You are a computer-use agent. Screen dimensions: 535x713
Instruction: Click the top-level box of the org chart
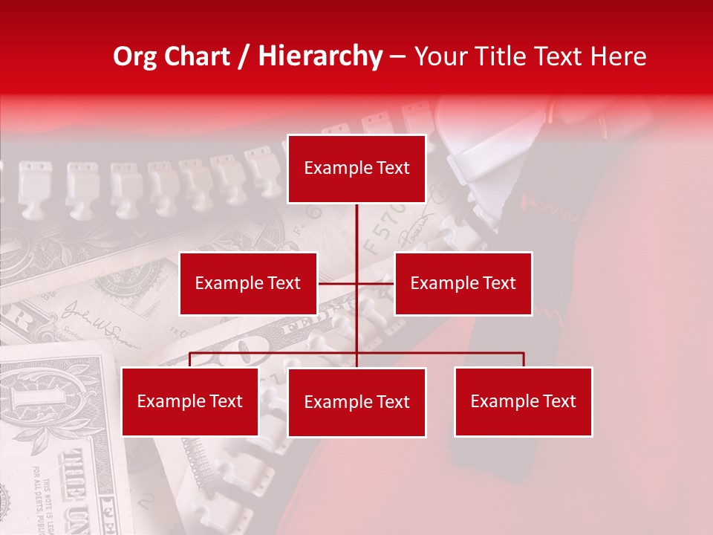[356, 169]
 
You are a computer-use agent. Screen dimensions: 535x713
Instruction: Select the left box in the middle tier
[248, 283]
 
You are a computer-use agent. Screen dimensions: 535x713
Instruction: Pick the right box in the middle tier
[463, 283]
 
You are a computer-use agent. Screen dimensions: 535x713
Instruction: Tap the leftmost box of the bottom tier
[190, 401]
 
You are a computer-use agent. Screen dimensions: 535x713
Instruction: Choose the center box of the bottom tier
[356, 402]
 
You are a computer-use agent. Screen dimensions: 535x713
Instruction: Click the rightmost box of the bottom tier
[523, 401]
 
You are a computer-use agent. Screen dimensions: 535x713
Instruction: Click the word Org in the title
[135, 56]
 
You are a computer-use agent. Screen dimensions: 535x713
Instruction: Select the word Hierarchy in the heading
[319, 56]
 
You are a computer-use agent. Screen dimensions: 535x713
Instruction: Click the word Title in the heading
[506, 56]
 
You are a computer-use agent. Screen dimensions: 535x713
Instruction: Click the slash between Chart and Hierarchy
[244, 56]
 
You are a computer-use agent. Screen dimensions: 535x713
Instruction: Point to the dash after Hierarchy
[397, 56]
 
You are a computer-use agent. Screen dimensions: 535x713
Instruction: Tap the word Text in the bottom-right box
[560, 401]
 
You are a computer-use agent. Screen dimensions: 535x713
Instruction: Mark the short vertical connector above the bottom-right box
[524, 360]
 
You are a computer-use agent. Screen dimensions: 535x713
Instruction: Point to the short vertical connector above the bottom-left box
[190, 360]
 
